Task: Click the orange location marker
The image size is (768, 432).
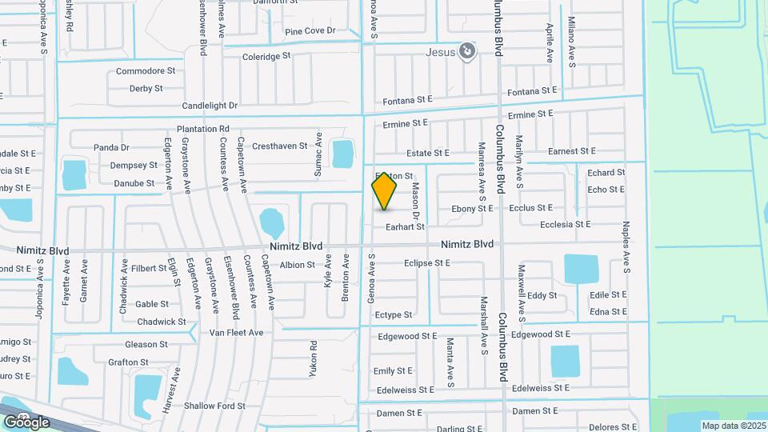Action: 385,191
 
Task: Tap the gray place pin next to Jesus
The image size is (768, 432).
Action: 468,53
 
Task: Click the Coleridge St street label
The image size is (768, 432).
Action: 266,57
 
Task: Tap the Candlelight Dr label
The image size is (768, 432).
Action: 210,106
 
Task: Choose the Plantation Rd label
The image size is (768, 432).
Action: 203,129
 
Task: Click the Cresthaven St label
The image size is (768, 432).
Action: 279,146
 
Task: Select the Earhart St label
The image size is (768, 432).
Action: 405,227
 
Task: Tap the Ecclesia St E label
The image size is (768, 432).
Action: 565,225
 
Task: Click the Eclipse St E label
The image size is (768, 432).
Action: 427,262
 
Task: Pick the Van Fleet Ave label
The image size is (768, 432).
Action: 236,333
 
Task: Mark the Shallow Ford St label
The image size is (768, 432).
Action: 214,406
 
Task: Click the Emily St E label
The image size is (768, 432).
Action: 393,371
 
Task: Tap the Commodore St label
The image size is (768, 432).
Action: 146,71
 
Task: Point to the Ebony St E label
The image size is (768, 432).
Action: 472,209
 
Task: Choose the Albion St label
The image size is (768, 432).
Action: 298,265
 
